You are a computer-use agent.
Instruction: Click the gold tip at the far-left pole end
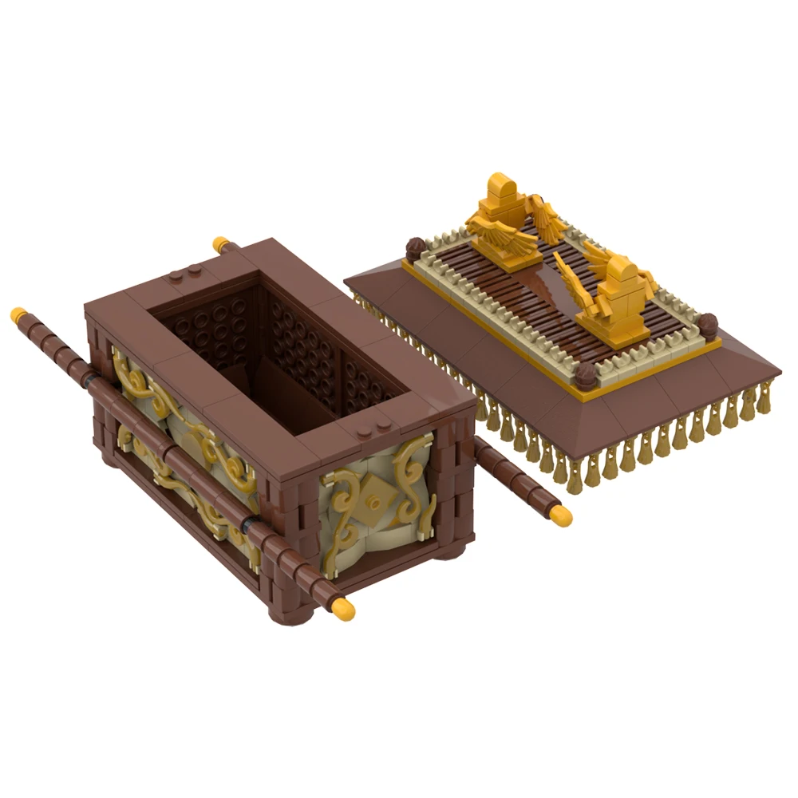[x=18, y=313]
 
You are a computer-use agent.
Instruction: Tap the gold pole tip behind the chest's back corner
[x=220, y=244]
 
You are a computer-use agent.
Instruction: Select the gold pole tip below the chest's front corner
[x=344, y=609]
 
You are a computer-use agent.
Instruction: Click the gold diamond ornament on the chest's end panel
[x=372, y=502]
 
